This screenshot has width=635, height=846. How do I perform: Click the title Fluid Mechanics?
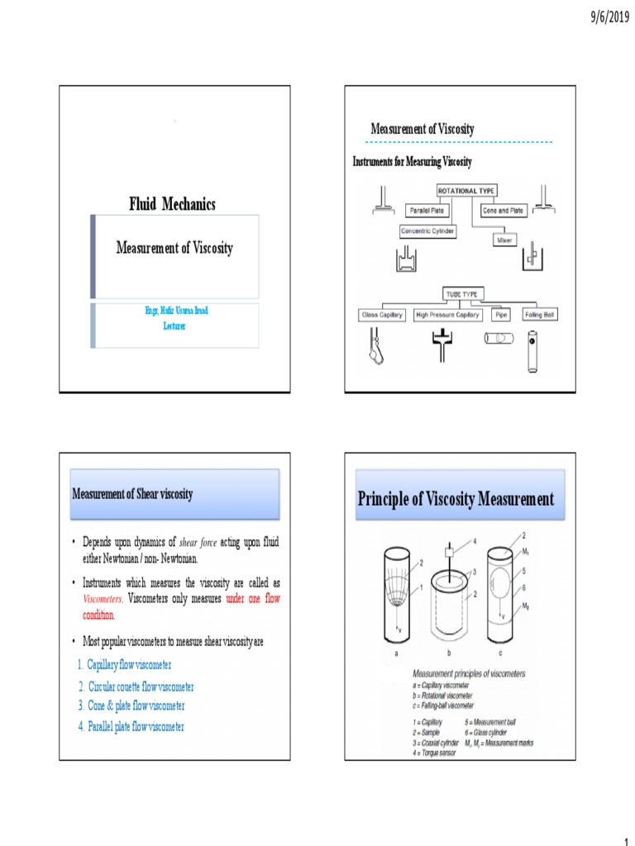(x=172, y=203)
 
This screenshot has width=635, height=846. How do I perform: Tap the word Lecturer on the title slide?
(x=174, y=326)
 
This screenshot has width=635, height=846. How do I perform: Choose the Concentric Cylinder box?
(x=427, y=232)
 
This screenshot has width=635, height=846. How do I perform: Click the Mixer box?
(x=504, y=240)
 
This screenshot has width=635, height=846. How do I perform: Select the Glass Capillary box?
(x=381, y=315)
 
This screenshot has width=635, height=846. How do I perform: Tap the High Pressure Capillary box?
(x=448, y=315)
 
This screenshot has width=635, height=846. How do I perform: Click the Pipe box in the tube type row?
(x=501, y=315)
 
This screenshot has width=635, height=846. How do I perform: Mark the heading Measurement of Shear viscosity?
(x=133, y=494)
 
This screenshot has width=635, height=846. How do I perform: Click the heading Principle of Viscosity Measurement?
(x=456, y=499)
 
